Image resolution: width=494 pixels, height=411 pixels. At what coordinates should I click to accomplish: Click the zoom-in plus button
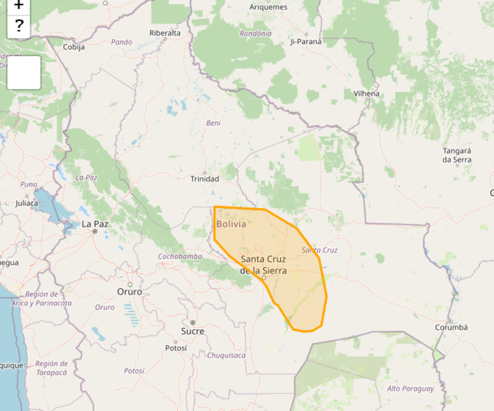tap(19, 6)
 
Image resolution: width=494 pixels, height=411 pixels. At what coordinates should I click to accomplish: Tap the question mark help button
tap(19, 25)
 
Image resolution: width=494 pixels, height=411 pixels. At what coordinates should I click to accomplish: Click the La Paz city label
tap(96, 223)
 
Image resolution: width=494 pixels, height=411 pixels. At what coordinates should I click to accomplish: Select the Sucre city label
tap(192, 331)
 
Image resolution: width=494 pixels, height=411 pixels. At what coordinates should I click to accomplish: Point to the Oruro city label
tap(129, 292)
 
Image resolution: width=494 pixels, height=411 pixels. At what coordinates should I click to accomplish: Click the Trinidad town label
tap(205, 179)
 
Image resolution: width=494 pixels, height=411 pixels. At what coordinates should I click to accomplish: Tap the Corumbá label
tap(451, 327)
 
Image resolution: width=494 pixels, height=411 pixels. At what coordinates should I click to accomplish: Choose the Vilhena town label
tap(367, 93)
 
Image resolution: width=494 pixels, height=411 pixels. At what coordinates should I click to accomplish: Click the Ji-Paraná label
tap(306, 42)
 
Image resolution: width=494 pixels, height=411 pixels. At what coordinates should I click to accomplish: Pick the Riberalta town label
tap(165, 33)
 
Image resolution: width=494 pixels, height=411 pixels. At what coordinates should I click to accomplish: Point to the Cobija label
tap(74, 46)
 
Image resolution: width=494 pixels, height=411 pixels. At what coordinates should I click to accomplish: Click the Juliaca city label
tap(27, 202)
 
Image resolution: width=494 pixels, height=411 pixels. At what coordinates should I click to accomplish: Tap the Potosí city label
tap(176, 348)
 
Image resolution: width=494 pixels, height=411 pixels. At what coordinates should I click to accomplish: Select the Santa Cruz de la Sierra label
tap(263, 264)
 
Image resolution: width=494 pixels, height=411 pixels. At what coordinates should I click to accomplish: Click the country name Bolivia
tap(231, 224)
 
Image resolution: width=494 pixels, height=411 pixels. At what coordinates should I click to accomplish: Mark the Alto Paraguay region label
tap(410, 389)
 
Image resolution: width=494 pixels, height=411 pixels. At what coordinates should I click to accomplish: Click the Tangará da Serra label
tap(457, 155)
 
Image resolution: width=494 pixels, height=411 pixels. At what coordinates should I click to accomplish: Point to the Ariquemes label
tap(268, 7)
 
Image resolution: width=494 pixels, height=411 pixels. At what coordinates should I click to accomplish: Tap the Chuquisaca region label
tap(226, 355)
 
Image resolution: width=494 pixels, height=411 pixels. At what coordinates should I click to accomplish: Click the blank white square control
tap(23, 72)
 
